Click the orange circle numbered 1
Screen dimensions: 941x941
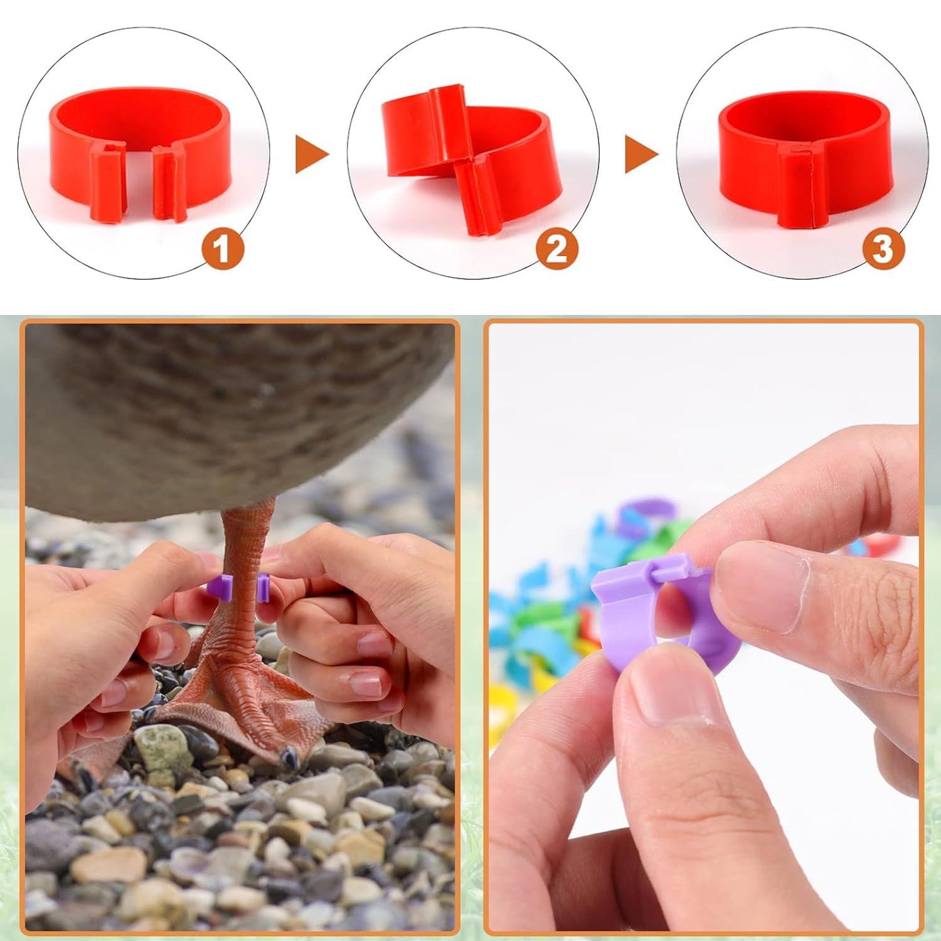click(x=221, y=250)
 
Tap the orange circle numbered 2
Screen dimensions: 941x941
click(x=556, y=250)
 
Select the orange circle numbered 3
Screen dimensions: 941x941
click(x=883, y=250)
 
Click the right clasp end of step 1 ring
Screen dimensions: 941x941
click(x=169, y=185)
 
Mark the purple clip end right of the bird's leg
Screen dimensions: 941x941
click(x=263, y=588)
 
